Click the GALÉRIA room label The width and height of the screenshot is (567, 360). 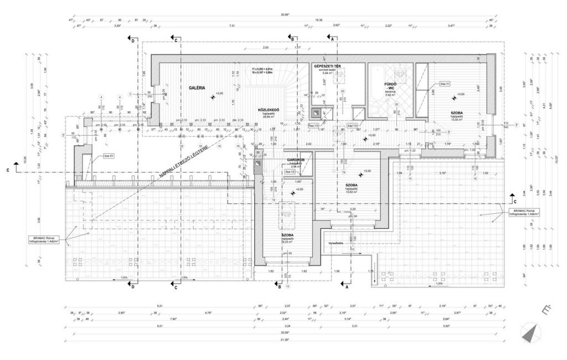pos(197,88)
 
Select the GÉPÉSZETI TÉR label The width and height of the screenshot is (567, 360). pos(327,66)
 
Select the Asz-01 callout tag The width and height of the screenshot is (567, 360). pos(109,156)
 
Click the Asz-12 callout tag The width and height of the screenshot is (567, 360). pos(290,172)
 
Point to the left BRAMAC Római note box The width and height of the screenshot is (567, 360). pos(47,241)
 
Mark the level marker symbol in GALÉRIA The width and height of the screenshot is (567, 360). pos(213,98)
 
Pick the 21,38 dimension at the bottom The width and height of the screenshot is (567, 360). pos(285,339)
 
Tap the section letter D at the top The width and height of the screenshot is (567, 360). pos(133,41)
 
